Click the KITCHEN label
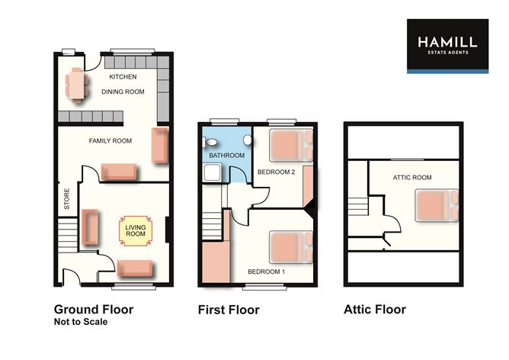pos(123,78)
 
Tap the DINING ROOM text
pos(123,92)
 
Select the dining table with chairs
pos(75,83)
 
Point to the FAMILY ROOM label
pos(110,141)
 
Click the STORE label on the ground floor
pos(67,199)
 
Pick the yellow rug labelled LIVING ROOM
pos(135,230)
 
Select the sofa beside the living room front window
pos(134,268)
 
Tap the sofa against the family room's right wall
pos(160,145)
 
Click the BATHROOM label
pos(226,156)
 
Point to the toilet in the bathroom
pos(247,141)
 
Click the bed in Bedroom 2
pos(290,145)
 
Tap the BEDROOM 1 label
pos(266,272)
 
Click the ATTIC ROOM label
pos(412,177)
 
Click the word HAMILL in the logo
pos(447,42)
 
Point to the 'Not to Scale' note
pos(81,322)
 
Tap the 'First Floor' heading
pos(229,310)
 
